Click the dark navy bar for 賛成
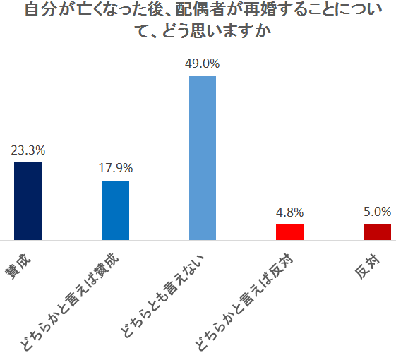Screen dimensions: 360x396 click(28, 201)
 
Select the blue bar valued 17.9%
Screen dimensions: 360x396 click(116, 210)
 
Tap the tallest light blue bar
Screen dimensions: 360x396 click(203, 157)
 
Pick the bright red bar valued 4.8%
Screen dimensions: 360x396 click(289, 232)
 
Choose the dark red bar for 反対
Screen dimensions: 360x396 click(377, 232)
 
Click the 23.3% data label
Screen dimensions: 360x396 click(28, 150)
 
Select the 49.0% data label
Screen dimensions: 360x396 click(203, 63)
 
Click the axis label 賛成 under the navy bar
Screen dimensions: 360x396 click(21, 266)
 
